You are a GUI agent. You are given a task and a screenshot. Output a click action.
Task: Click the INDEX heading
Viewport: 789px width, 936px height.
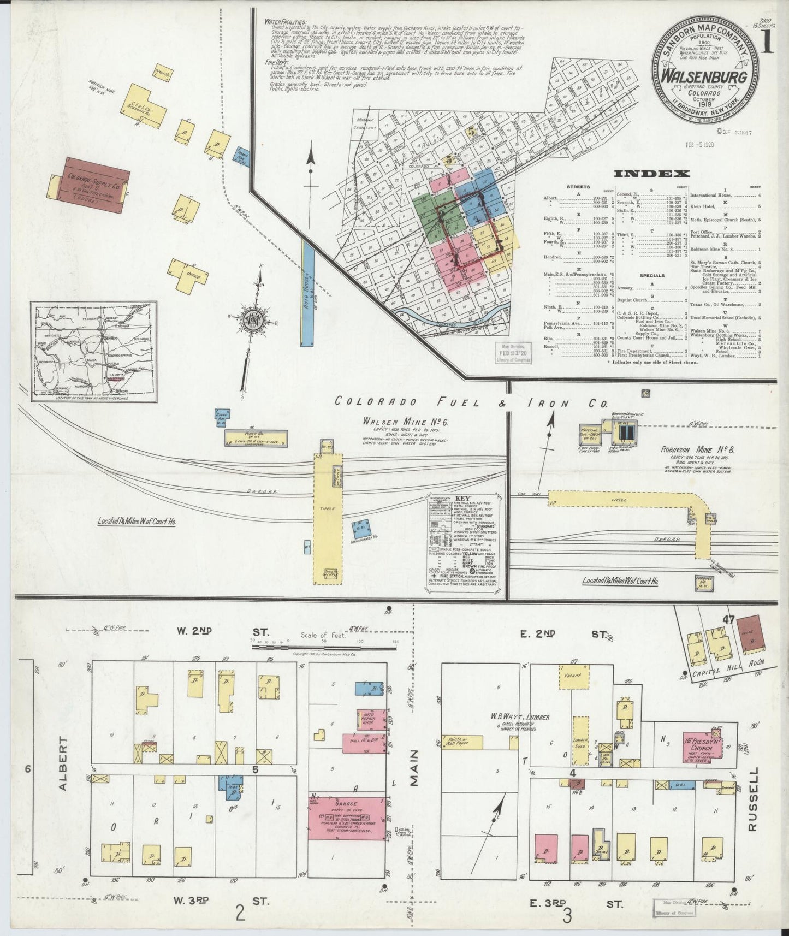652,174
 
